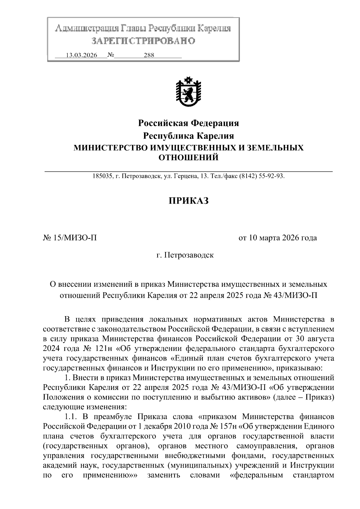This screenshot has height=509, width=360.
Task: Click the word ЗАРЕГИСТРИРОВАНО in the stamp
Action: click(x=143, y=41)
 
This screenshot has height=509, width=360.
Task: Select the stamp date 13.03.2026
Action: click(x=82, y=55)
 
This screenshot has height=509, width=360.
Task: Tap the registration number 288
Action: click(x=149, y=55)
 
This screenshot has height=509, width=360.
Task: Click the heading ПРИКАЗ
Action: click(x=188, y=201)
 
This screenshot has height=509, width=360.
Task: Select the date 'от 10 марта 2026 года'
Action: click(x=277, y=238)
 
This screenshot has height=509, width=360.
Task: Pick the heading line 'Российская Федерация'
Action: click(x=188, y=123)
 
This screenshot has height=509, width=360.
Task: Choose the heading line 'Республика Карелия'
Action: click(x=188, y=136)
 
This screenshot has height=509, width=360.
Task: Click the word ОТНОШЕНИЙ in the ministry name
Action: click(x=188, y=157)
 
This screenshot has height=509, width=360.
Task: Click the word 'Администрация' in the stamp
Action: click(x=87, y=29)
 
